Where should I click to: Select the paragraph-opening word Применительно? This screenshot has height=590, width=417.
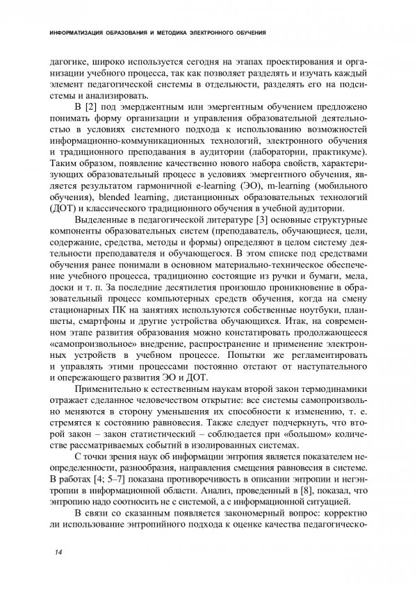pyautogui.click(x=112, y=386)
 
